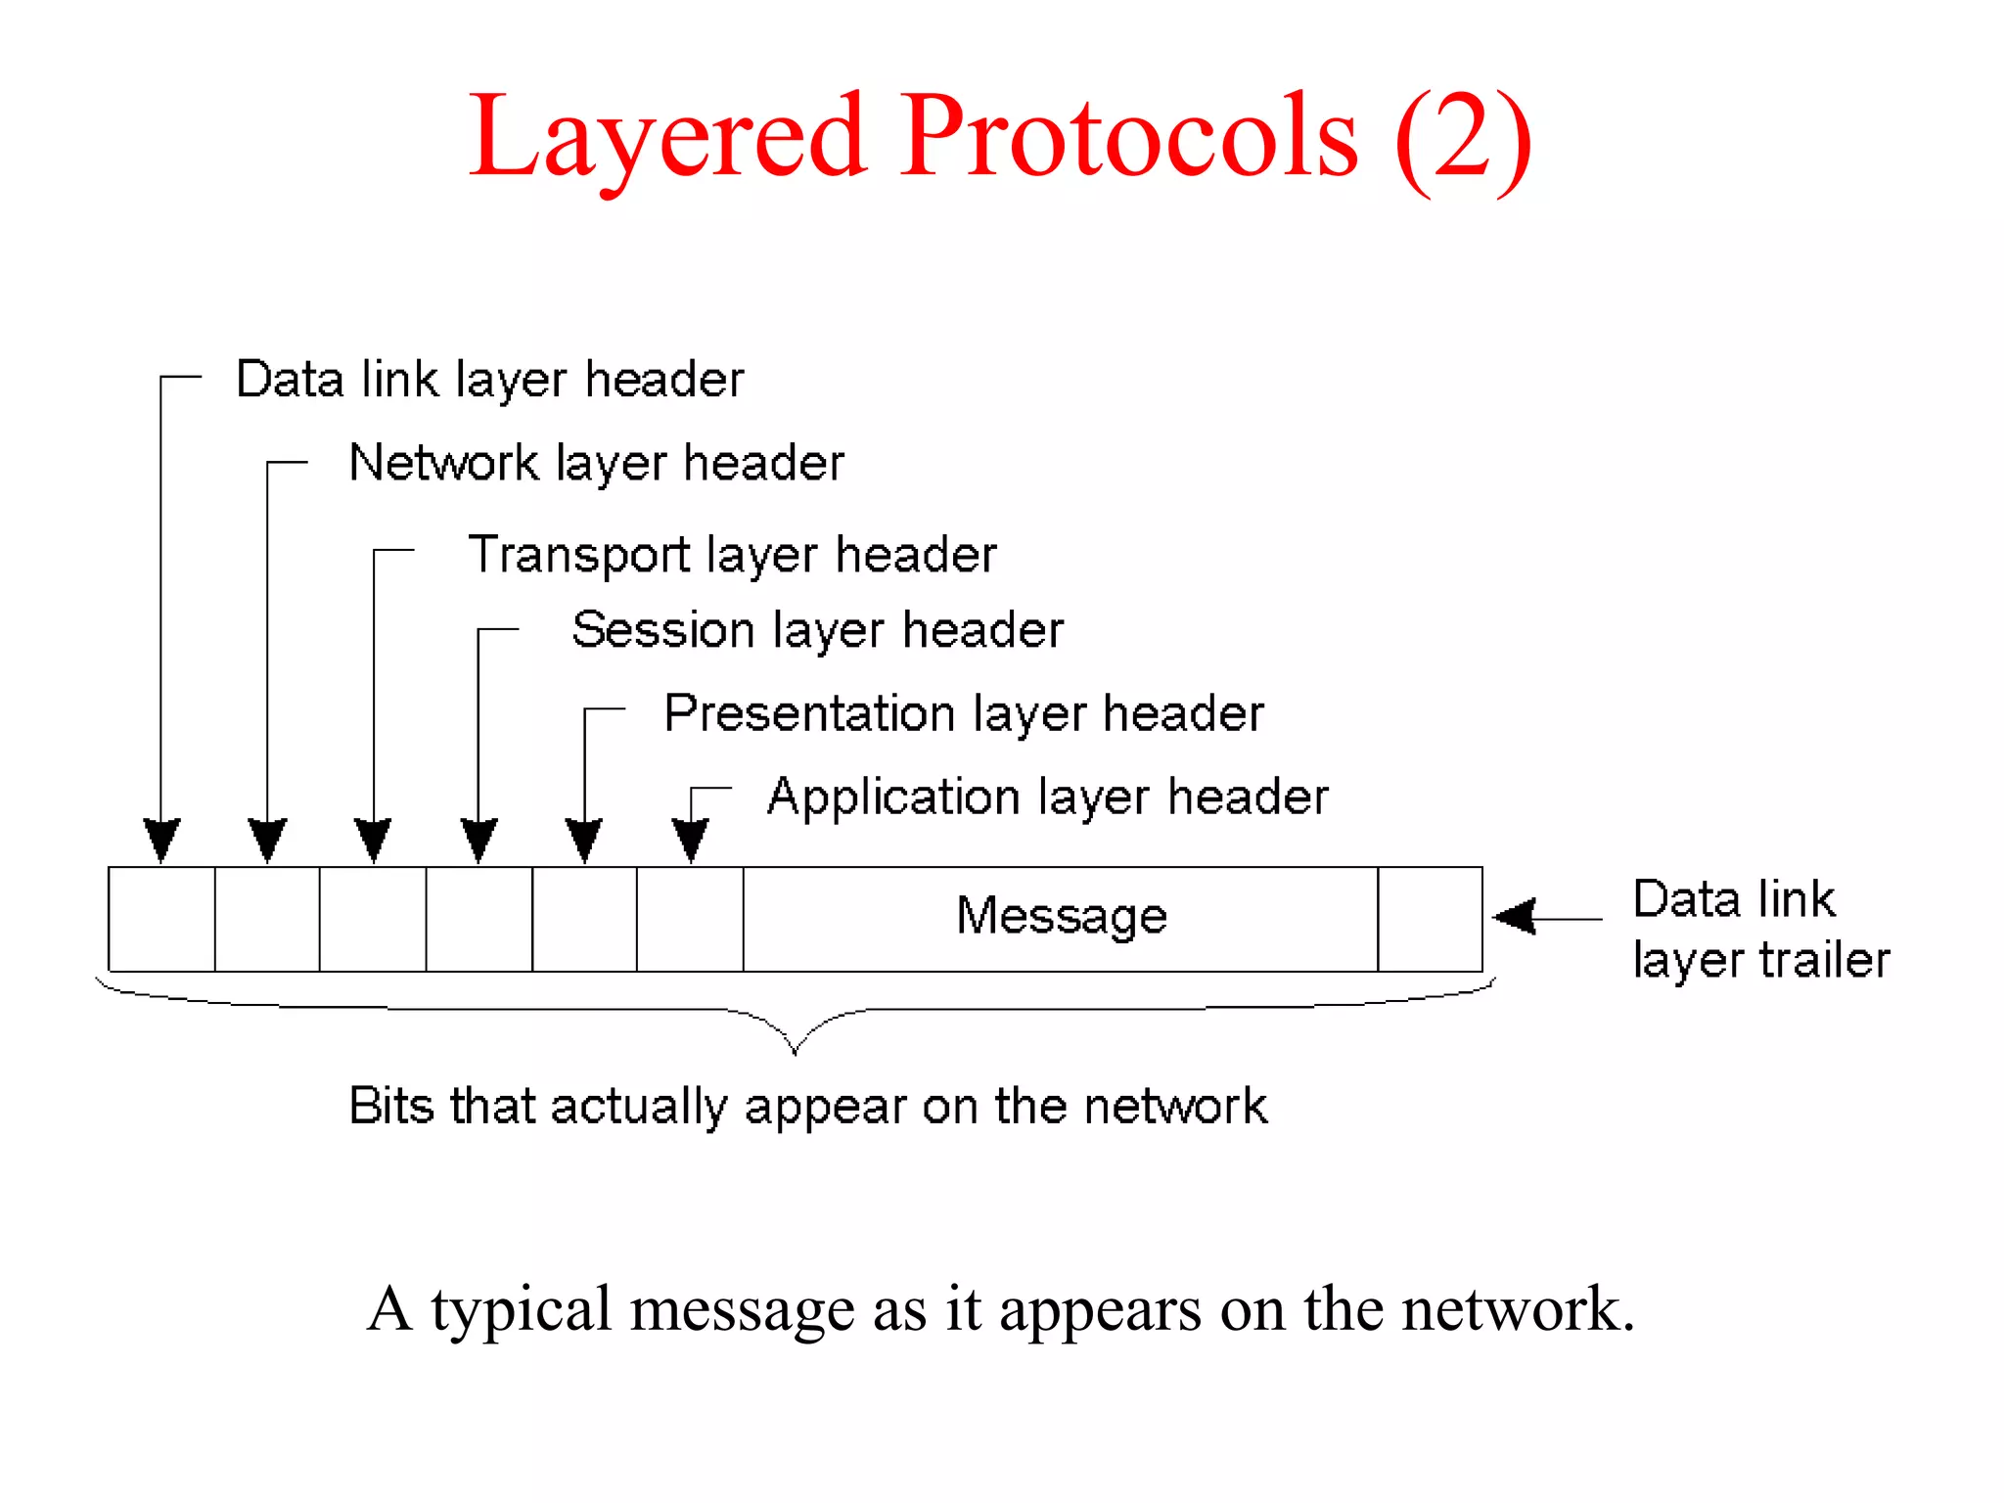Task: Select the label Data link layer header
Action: click(489, 380)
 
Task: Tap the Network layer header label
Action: click(596, 463)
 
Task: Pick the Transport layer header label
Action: click(732, 555)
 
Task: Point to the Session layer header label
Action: click(817, 630)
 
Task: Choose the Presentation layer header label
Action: click(963, 713)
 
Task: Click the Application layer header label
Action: click(1047, 797)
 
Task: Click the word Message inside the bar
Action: click(1062, 916)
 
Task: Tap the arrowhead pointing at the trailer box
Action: click(1515, 917)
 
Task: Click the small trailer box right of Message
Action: click(1430, 919)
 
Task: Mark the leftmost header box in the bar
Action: click(161, 919)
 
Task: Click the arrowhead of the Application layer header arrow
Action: click(690, 840)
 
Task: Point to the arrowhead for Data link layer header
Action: click(161, 840)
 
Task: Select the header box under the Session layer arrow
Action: click(478, 919)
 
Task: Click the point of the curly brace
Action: click(795, 1050)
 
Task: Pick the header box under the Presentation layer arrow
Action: click(584, 919)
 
